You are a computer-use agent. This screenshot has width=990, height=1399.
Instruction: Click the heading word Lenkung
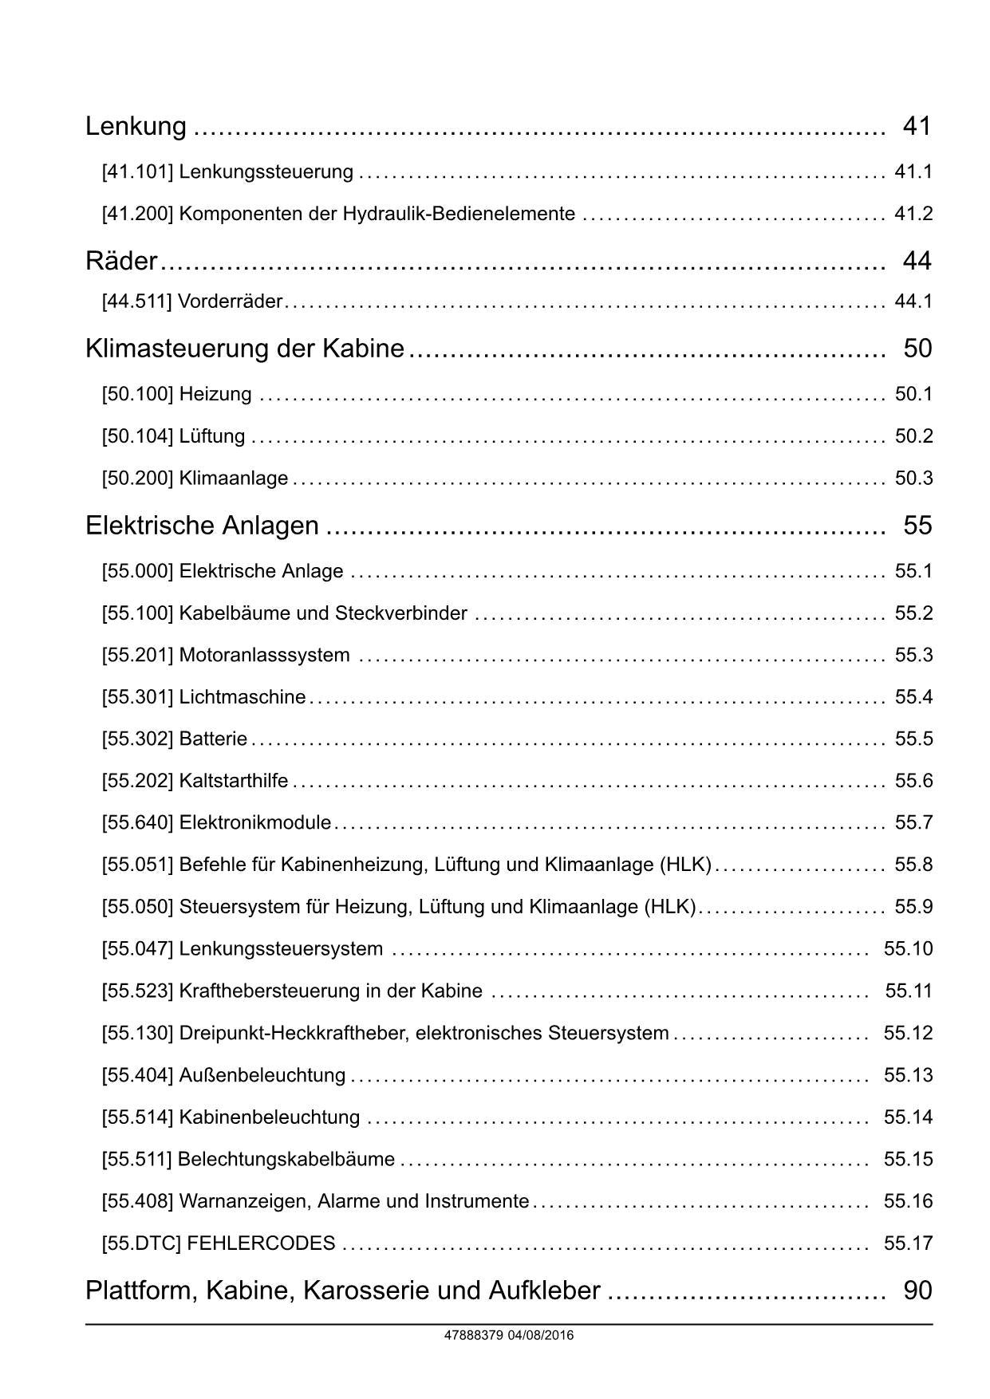coord(136,126)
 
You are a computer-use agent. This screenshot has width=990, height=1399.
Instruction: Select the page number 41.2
coord(913,214)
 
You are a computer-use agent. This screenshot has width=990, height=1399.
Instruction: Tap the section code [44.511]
coord(136,301)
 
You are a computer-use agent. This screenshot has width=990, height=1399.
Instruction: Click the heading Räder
coord(121,261)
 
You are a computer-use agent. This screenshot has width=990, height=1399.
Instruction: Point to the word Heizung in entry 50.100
coord(215,394)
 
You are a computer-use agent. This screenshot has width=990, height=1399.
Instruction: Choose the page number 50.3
coord(913,479)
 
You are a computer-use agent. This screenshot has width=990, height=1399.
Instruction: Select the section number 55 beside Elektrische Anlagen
coord(917,526)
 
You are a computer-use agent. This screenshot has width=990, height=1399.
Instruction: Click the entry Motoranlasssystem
coord(264,656)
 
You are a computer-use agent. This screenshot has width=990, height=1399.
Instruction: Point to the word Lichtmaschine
coord(243,697)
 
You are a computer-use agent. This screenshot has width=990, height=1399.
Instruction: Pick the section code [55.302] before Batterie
coord(137,739)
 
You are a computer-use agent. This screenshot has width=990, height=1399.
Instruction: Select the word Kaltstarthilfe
coord(234,781)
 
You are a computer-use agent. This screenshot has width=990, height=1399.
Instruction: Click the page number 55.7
coord(913,823)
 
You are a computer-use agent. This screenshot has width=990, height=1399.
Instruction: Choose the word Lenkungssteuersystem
coord(281,949)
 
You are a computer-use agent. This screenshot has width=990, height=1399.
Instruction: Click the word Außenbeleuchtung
coord(262,1075)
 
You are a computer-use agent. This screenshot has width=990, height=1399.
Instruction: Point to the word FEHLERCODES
coord(261,1243)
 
